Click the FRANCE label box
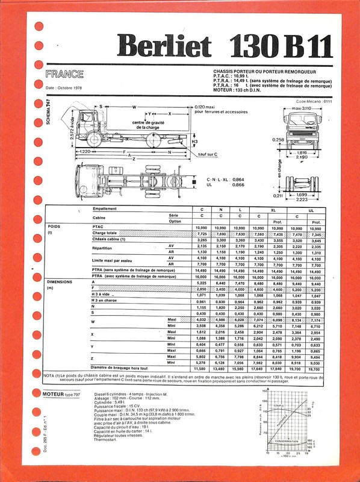(64, 75)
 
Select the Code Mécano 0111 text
(314, 102)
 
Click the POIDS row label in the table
(55, 227)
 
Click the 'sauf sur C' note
(208, 154)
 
